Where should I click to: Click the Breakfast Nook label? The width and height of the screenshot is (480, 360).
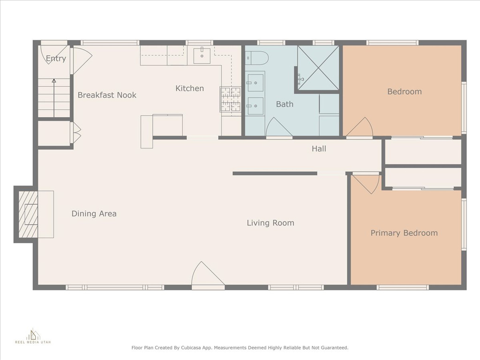click(x=107, y=95)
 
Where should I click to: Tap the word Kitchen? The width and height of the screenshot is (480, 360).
click(x=189, y=88)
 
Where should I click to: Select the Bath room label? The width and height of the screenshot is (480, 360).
click(x=285, y=104)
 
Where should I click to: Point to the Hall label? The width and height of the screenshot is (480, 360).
click(x=319, y=149)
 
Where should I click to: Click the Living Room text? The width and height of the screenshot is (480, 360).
click(x=270, y=223)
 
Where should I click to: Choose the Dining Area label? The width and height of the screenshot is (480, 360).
click(x=94, y=213)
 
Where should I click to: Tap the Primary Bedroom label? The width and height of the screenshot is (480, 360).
click(x=404, y=233)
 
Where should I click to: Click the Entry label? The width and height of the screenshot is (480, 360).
click(x=56, y=59)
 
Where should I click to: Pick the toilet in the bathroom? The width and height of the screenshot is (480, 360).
click(x=257, y=58)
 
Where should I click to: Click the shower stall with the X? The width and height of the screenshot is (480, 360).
click(x=318, y=68)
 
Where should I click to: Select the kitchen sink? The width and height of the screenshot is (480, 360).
click(x=202, y=56)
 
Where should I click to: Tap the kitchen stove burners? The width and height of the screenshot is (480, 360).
click(x=231, y=99)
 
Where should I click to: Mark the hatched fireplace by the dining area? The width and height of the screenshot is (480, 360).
click(x=29, y=214)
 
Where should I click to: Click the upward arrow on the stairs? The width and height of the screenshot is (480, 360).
click(x=54, y=98)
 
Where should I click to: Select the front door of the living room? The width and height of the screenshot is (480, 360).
click(x=208, y=274)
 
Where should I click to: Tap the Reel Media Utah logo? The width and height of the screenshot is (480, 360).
click(x=33, y=336)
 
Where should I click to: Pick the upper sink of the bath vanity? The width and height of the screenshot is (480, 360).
click(x=255, y=82)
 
